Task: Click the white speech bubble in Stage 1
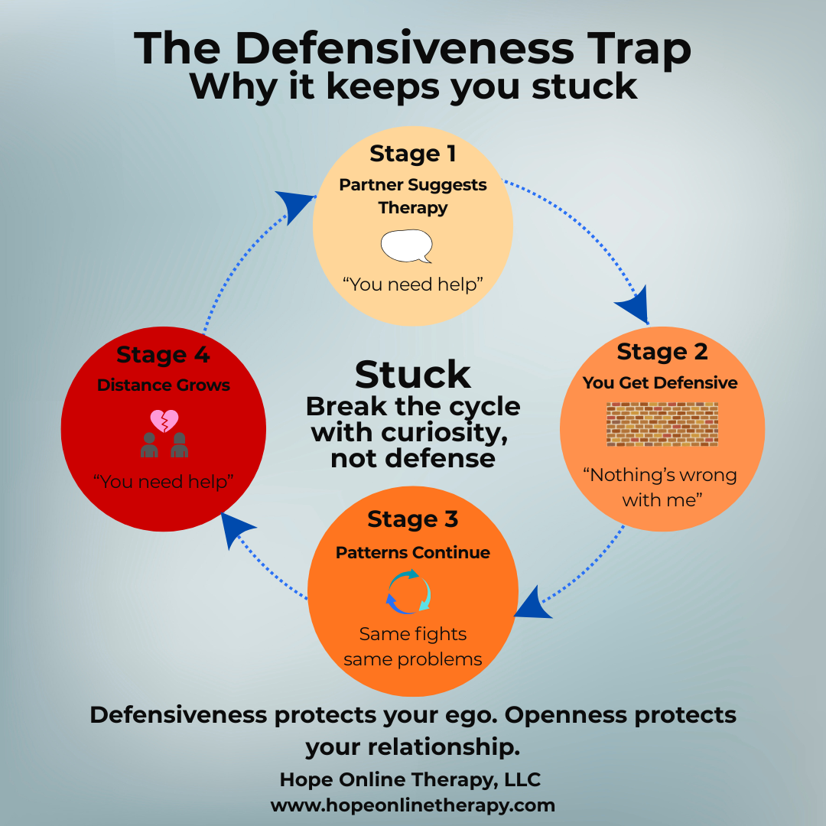(x=406, y=246)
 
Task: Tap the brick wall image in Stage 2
(x=662, y=424)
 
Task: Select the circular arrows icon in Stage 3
(x=408, y=591)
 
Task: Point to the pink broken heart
(x=164, y=421)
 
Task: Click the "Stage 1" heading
(x=412, y=154)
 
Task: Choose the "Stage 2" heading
(x=662, y=352)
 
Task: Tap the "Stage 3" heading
(x=412, y=519)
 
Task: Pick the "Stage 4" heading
(x=164, y=355)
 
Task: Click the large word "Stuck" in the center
(x=412, y=375)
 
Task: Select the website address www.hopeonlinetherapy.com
(x=412, y=805)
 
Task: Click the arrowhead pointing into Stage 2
(x=634, y=305)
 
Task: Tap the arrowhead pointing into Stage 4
(x=236, y=529)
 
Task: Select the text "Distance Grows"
(x=164, y=385)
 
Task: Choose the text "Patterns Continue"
(x=412, y=553)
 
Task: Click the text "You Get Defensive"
(x=660, y=383)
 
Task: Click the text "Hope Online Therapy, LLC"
(x=411, y=779)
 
